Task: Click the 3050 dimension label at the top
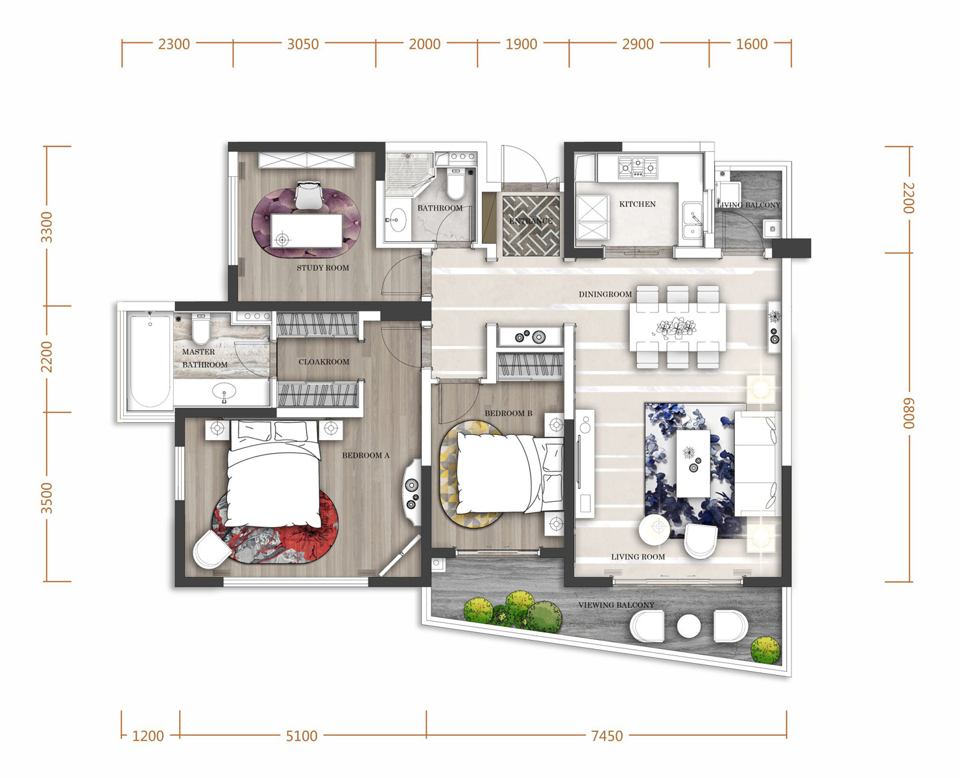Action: [303, 44]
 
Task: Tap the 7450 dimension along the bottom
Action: [606, 736]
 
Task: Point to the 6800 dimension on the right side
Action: [907, 413]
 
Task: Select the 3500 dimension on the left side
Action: [47, 498]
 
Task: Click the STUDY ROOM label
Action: [323, 268]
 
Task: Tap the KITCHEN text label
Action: [637, 204]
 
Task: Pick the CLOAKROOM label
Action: [324, 362]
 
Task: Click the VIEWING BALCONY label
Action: [616, 605]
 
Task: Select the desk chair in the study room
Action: [309, 195]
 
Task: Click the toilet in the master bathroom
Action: [200, 329]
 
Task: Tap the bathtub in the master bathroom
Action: [150, 360]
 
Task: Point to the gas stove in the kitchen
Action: [638, 167]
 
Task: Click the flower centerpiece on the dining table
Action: [676, 327]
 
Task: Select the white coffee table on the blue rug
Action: [693, 464]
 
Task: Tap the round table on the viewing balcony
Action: [689, 626]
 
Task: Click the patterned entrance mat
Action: [531, 225]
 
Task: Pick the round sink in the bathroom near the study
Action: [397, 220]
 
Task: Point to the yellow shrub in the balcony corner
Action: [765, 650]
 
